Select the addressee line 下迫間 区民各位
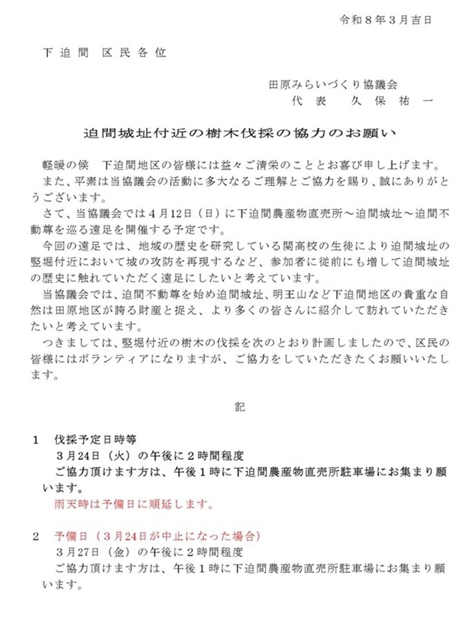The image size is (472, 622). pos(103,52)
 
